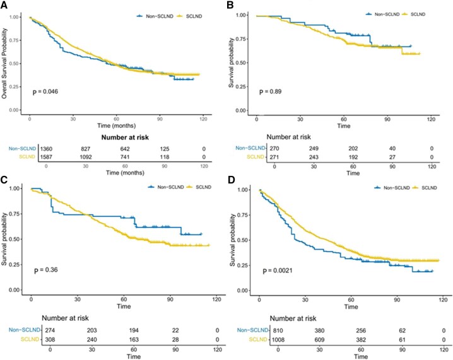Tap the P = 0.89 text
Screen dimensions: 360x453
point(275,92)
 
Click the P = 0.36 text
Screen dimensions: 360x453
point(45,272)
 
